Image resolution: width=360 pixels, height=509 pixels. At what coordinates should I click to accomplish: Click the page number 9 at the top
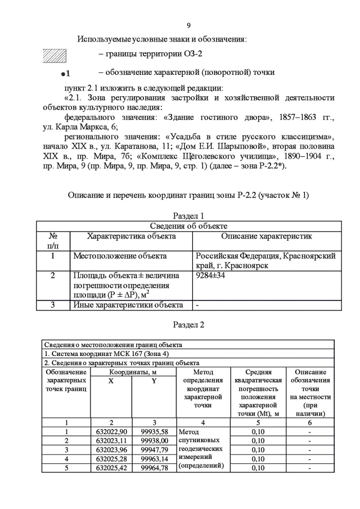click(x=188, y=26)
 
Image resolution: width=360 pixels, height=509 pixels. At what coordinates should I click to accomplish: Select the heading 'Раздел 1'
click(x=188, y=215)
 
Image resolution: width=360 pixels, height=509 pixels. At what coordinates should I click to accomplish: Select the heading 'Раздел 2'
click(x=188, y=325)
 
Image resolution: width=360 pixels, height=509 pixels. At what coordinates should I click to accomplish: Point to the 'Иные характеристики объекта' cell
click(x=128, y=305)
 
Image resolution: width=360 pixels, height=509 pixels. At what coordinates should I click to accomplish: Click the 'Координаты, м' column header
click(x=133, y=372)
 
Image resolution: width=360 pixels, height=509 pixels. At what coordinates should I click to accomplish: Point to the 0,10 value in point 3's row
click(x=258, y=449)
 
